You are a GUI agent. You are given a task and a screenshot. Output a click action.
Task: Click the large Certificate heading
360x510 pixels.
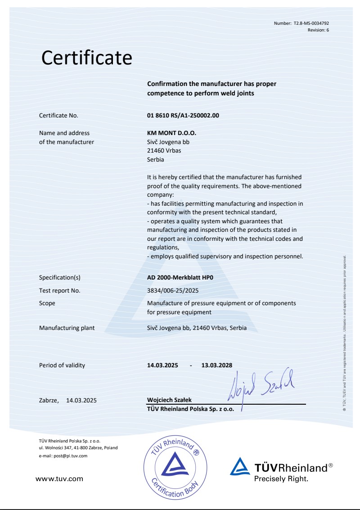(87, 58)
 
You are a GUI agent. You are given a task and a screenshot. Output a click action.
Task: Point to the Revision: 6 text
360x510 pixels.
(321, 29)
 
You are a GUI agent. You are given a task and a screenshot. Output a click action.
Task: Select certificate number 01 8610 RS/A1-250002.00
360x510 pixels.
(183, 116)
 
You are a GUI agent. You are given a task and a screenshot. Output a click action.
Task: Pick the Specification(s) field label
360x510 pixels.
(60, 278)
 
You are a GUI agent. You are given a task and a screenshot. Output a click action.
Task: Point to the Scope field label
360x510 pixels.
(48, 303)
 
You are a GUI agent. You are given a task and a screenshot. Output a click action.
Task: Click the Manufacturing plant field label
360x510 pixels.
(67, 328)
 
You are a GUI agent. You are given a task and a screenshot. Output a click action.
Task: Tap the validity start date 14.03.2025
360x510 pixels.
(163, 365)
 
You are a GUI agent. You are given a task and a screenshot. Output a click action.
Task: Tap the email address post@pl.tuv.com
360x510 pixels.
(62, 456)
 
